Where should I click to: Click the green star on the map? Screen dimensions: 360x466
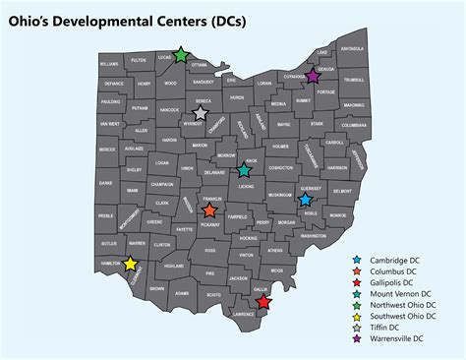(180, 55)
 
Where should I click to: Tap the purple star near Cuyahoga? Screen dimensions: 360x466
(313, 75)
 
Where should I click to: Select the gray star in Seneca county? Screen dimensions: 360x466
(201, 113)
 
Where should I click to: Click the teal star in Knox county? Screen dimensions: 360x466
(245, 170)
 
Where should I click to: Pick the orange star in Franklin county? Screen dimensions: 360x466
(209, 210)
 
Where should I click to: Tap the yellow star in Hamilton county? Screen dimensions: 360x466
(130, 264)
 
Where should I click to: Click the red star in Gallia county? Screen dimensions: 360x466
(262, 302)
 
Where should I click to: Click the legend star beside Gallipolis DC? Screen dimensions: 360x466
(356, 282)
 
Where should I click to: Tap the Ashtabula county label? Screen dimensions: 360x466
(352, 48)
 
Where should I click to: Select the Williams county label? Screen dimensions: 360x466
(108, 63)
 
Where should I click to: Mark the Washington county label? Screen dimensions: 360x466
(314, 237)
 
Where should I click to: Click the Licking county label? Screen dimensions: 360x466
(245, 185)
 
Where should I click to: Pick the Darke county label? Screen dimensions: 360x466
(106, 183)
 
